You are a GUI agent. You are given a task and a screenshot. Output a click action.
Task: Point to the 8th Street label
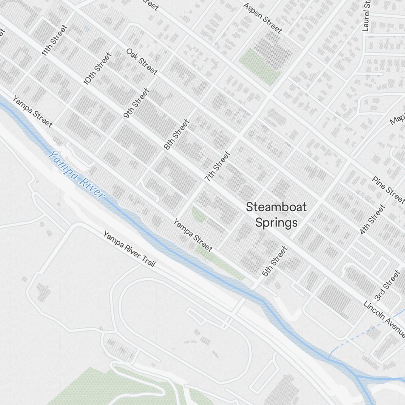tap(177, 135)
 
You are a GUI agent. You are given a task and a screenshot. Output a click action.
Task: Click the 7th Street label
tap(217, 166)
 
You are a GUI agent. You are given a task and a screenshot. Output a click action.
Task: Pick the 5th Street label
tap(275, 262)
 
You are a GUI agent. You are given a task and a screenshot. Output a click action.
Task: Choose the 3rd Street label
tap(387, 286)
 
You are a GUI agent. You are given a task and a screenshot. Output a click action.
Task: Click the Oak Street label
tap(141, 61)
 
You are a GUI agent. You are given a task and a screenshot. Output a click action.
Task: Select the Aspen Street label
tap(262, 18)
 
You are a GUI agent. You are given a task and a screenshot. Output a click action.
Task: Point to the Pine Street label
tap(388, 190)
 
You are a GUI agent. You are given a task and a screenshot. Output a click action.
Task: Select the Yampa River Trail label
tap(129, 249)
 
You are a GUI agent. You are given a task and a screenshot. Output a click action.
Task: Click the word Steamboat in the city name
tap(276, 207)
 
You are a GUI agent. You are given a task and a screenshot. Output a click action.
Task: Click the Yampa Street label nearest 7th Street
tap(193, 235)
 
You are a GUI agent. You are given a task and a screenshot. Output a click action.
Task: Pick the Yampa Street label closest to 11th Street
tap(32, 111)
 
